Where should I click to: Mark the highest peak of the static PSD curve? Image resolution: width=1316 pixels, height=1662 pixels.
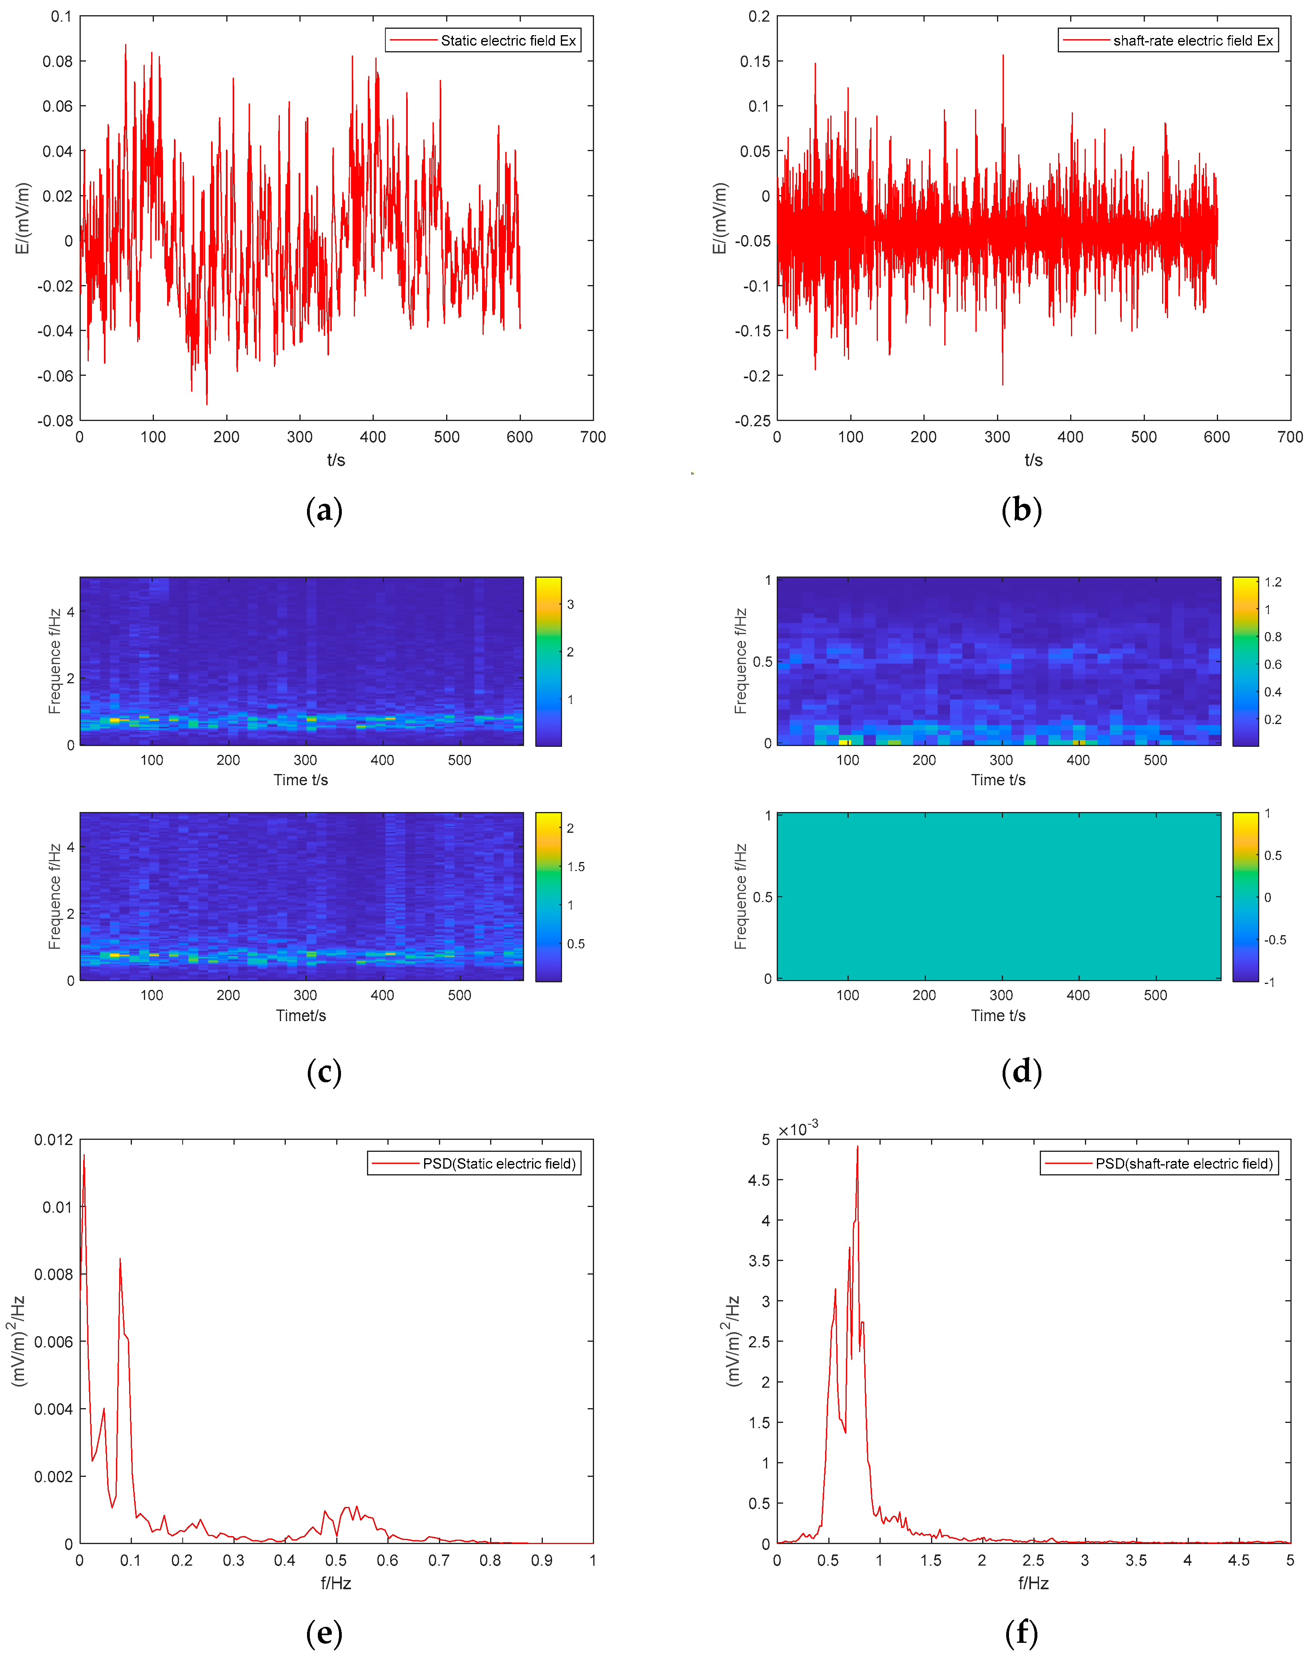(x=84, y=1155)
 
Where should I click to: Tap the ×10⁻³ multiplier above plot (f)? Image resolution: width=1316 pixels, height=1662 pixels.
(x=798, y=1129)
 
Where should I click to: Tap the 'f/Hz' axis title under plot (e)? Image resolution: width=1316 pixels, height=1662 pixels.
(x=336, y=1582)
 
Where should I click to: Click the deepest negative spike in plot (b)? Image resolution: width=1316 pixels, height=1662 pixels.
(x=1003, y=384)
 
